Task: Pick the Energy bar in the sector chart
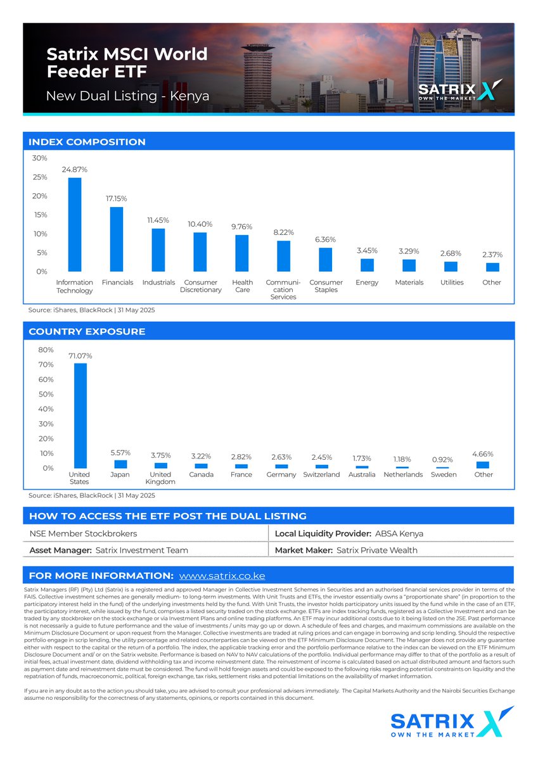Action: (x=368, y=265)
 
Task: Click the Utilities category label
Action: (x=451, y=282)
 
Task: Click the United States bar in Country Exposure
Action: (x=80, y=415)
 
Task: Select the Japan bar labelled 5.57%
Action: (x=120, y=464)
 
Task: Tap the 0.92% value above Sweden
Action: (x=442, y=459)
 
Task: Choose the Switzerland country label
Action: (x=321, y=474)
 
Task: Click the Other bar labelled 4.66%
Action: (x=483, y=465)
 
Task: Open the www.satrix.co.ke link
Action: (x=222, y=576)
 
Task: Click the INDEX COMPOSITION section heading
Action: (x=87, y=142)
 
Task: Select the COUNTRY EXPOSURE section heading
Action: (x=87, y=331)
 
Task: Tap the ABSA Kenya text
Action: (x=399, y=534)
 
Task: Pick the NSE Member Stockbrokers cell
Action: (x=83, y=534)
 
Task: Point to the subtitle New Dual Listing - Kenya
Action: (x=127, y=97)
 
